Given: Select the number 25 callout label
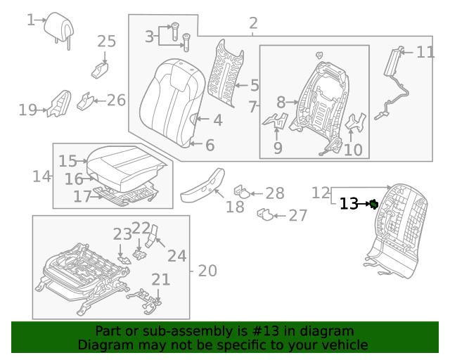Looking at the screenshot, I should (x=106, y=41).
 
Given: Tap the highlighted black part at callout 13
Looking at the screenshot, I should (x=375, y=205).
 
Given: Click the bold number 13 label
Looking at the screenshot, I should (x=349, y=204).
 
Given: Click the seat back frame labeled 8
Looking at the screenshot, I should (x=316, y=102).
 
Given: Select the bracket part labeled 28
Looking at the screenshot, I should (x=241, y=191).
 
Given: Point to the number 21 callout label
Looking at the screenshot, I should (x=161, y=280).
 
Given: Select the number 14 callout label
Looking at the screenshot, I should (x=41, y=176).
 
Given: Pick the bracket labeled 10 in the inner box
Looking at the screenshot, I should (x=356, y=122).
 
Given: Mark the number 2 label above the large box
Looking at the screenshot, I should (x=253, y=24).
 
